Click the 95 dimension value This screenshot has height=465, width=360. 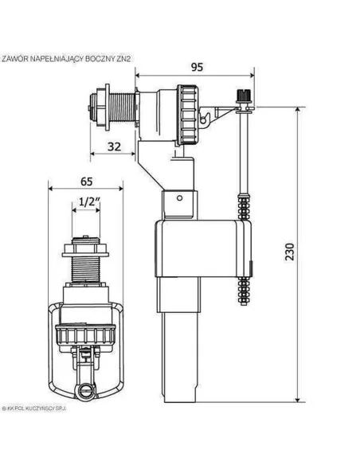pos(194,66)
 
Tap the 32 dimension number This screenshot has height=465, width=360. pos(115,146)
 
